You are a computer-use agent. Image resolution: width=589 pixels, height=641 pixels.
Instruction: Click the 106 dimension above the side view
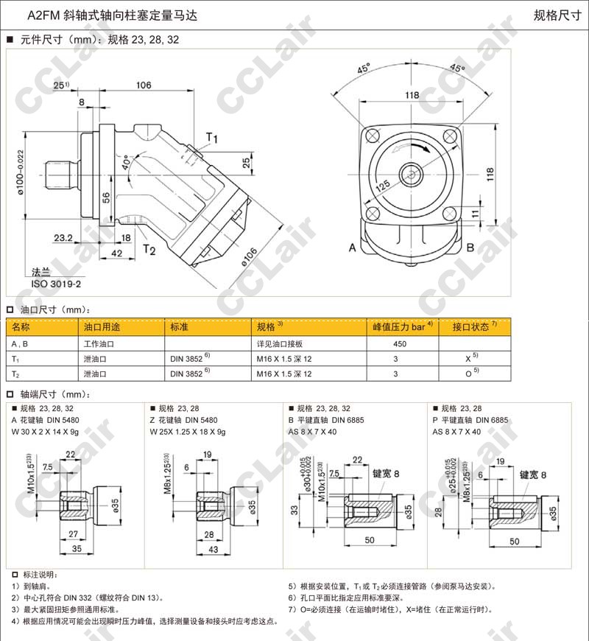pos(144,85)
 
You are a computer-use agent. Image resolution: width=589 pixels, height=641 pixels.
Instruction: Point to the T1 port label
pos(212,138)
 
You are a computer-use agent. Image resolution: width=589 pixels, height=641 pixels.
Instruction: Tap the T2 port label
pos(149,249)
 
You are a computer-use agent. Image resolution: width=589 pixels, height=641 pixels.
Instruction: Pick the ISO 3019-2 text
pos(55,282)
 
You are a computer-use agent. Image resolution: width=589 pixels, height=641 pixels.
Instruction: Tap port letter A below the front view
pos(353,248)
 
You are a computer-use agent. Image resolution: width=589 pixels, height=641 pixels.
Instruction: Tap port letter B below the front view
pos(470,248)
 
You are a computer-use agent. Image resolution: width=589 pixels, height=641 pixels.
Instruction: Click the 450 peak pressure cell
pos(401,344)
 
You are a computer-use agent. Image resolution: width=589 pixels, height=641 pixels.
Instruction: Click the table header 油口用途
pos(102,327)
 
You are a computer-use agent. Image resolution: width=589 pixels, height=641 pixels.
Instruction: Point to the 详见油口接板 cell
pos(280,344)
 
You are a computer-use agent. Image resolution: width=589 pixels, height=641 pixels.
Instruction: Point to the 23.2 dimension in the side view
pos(63,238)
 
